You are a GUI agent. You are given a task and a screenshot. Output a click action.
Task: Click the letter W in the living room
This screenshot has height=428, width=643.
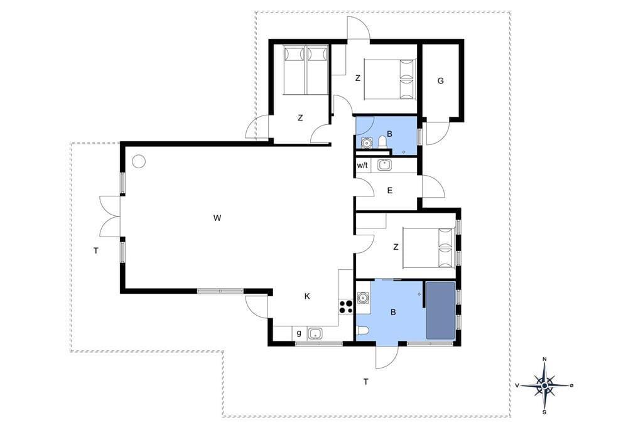[x=217, y=218]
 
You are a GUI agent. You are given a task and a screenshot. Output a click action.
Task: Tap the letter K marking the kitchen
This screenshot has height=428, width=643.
[x=307, y=296]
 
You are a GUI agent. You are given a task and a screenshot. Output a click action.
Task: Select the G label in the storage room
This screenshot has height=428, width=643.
[x=440, y=81]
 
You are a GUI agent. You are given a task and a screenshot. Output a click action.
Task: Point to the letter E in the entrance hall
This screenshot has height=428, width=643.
[x=389, y=190]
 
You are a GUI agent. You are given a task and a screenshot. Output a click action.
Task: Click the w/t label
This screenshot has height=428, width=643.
[x=362, y=166]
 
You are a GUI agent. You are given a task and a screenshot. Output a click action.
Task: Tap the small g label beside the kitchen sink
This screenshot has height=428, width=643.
[x=299, y=333]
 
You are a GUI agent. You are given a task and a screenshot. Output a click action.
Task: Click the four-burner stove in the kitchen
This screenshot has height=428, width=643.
[x=346, y=306]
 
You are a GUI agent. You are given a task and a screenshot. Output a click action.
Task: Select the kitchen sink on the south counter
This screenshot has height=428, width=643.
[x=315, y=333]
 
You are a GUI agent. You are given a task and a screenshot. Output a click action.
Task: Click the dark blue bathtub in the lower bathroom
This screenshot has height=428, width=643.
[x=440, y=311]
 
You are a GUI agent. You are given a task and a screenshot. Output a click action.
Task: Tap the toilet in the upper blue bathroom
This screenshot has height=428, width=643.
[x=382, y=141]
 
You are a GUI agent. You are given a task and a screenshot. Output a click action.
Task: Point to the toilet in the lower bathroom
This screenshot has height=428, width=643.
[x=363, y=331]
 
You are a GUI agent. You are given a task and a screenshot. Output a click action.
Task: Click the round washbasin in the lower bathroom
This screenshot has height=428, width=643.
[x=363, y=297]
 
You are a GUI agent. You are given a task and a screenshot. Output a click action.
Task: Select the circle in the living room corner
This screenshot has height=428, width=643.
[x=139, y=161]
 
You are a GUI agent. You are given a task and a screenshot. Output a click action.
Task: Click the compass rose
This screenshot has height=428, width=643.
[x=544, y=386]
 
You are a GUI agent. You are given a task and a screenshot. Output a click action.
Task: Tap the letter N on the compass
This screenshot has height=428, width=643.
[x=544, y=359]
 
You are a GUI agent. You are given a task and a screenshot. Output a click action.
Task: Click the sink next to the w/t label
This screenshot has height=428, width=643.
[x=384, y=165]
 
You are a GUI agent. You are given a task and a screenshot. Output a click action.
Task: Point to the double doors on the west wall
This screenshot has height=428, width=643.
[x=111, y=217]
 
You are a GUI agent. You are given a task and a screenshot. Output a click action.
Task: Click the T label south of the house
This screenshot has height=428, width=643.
[x=366, y=382]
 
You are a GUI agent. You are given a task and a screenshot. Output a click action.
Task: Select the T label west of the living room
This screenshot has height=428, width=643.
[x=96, y=251]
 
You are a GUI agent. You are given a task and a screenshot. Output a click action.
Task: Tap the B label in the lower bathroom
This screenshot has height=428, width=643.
[x=393, y=313]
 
